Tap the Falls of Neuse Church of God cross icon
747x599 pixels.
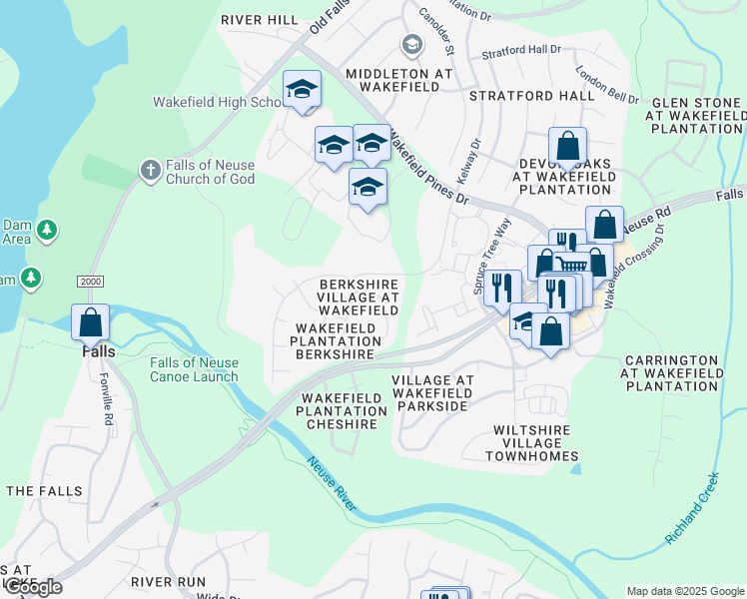click(151, 169)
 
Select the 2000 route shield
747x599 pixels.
click(90, 283)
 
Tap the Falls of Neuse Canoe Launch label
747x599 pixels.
click(195, 369)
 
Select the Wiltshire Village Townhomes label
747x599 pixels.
click(531, 442)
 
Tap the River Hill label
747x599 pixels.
click(260, 19)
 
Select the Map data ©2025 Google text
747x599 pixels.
click(685, 591)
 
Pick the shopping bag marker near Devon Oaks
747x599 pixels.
click(567, 147)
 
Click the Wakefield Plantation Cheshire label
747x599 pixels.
click(342, 411)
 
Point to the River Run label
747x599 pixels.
click(168, 581)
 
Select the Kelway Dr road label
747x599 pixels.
click(469, 160)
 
